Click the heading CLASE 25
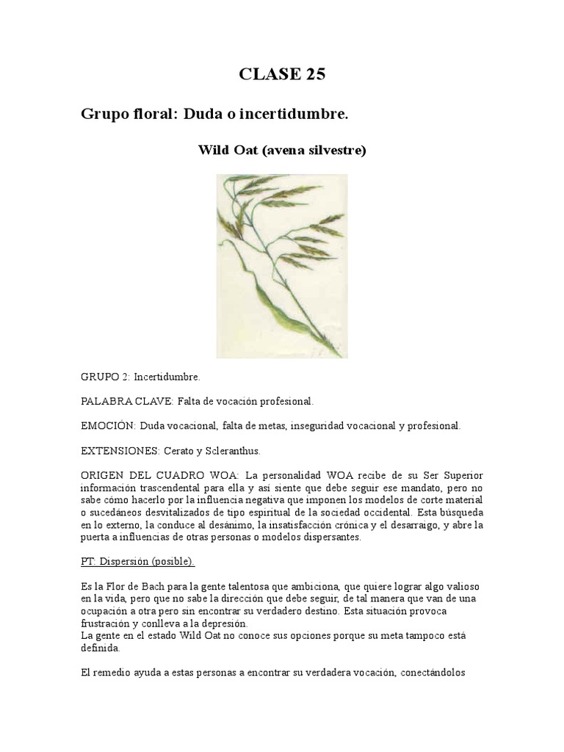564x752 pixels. tap(282, 74)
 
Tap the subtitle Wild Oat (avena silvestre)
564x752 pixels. tap(282, 150)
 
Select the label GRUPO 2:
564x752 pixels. tap(104, 377)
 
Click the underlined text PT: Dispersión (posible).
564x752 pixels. tap(137, 562)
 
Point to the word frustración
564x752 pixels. tap(108, 623)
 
